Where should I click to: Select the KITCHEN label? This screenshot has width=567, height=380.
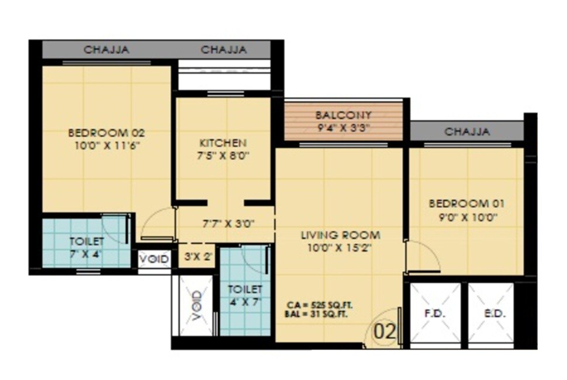(223, 143)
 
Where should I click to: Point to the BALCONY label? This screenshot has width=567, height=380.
(343, 115)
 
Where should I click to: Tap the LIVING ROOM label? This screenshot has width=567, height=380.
(340, 235)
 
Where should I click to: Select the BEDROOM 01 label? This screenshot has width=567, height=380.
(466, 203)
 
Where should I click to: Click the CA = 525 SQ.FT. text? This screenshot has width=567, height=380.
(319, 306)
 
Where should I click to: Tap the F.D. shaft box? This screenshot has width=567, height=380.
(434, 313)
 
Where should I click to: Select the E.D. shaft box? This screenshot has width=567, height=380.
(490, 313)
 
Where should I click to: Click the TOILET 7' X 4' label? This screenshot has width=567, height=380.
(87, 247)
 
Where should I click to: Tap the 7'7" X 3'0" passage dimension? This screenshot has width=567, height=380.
(229, 223)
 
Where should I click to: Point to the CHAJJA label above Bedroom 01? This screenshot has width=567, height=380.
(467, 132)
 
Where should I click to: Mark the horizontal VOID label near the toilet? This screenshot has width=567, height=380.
(155, 258)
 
